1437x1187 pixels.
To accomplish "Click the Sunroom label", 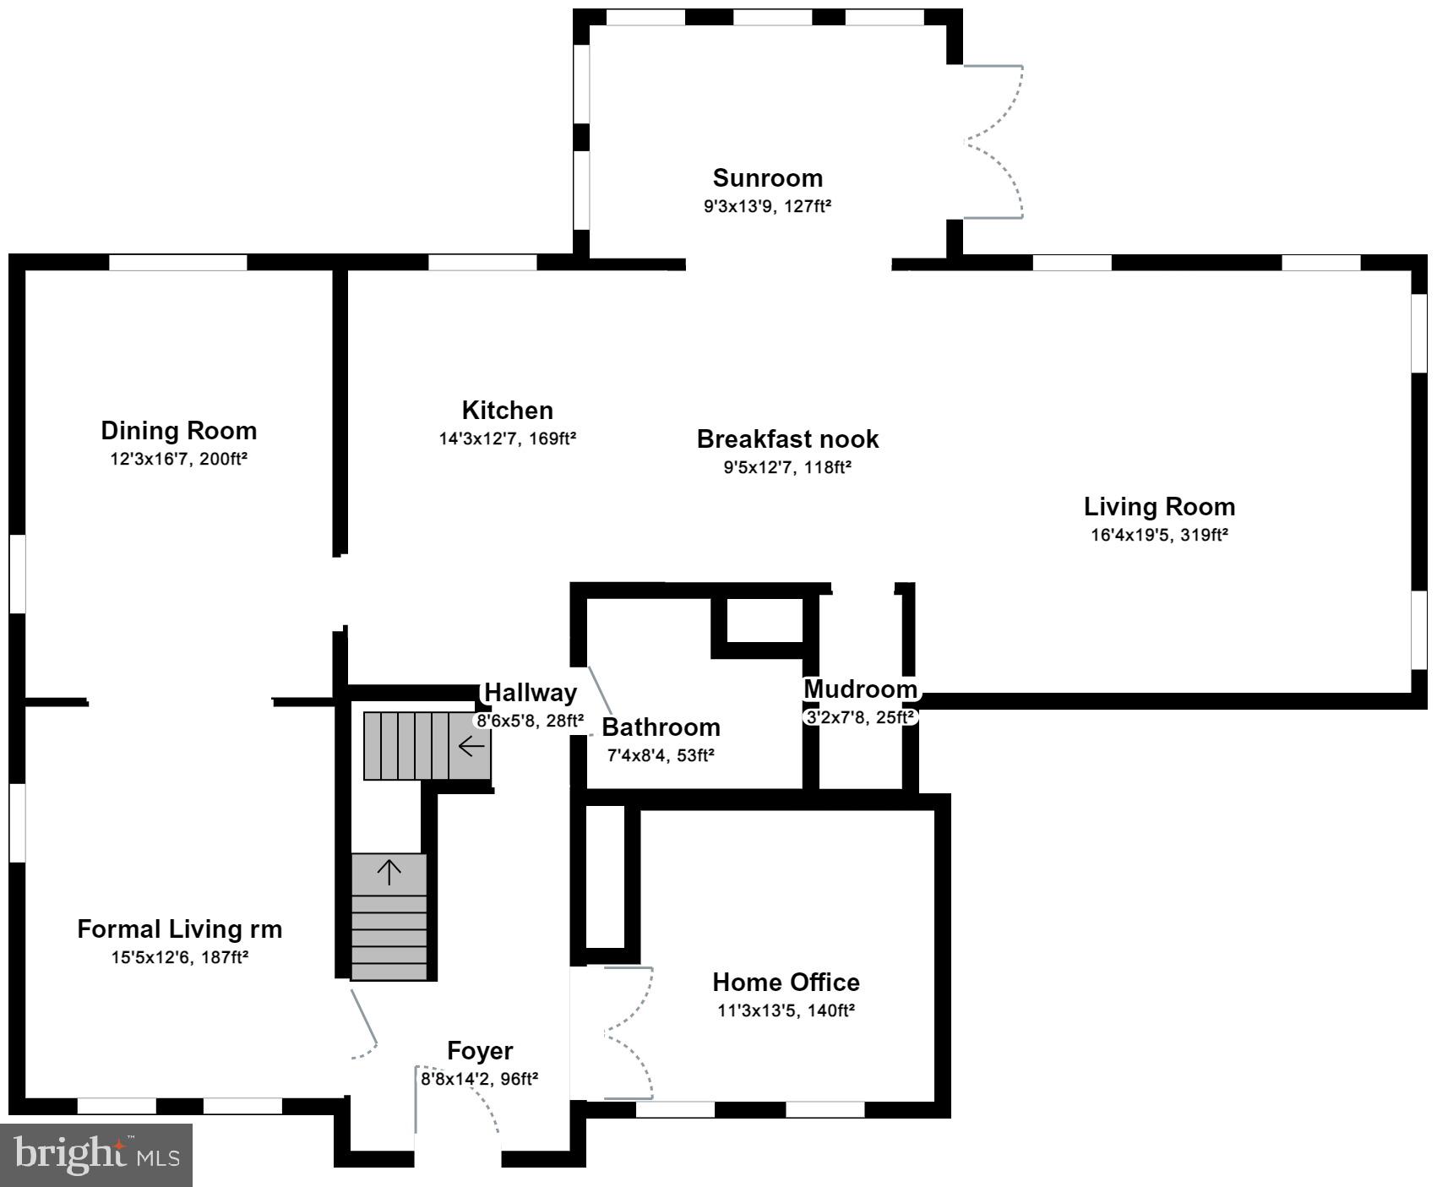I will click(767, 178).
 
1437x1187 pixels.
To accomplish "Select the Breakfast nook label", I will click(787, 439).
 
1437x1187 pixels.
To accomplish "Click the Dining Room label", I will click(178, 431).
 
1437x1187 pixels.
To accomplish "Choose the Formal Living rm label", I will click(179, 929).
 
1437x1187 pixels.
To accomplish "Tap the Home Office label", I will click(786, 983).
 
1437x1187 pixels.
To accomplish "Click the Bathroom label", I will click(661, 727).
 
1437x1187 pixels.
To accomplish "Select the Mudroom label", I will click(860, 689).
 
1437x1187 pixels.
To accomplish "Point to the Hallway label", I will click(530, 693).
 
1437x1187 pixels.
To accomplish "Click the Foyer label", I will click(479, 1051).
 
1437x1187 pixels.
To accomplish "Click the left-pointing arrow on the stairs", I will click(471, 746).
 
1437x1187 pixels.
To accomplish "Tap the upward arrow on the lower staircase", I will click(389, 872).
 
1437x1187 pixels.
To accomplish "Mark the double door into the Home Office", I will click(629, 1032).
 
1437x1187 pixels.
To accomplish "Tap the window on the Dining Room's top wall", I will click(178, 263).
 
